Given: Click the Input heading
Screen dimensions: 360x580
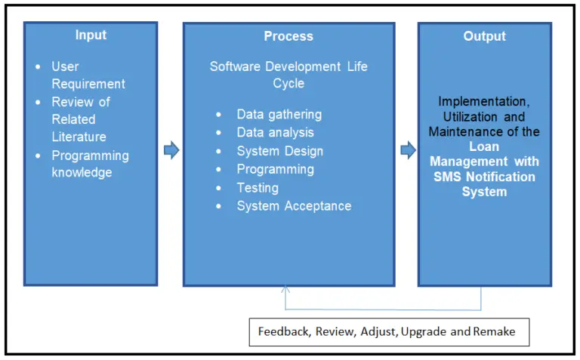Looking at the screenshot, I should click(91, 35).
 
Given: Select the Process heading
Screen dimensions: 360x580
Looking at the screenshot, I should click(288, 36).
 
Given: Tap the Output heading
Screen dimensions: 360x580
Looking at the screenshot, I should click(484, 36).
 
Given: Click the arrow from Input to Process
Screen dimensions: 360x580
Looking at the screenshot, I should click(171, 151).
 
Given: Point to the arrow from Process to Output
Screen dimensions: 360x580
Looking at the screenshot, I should click(408, 151).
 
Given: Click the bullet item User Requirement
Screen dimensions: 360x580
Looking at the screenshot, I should click(88, 75).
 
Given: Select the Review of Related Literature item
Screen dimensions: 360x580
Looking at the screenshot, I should click(82, 119).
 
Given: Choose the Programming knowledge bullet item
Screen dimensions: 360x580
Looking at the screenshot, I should click(90, 164).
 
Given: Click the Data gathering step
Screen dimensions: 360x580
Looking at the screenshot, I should click(279, 115).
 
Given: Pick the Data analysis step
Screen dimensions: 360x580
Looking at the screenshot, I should click(275, 133).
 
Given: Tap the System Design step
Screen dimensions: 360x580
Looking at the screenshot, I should click(279, 151).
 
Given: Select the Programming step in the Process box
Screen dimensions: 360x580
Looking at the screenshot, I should click(275, 169).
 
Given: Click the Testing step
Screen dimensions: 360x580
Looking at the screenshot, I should click(258, 188).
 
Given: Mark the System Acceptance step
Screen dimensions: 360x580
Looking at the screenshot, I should click(294, 206).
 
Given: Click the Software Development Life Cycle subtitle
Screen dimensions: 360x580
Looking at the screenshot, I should click(288, 75).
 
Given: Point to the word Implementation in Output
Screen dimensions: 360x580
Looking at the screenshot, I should click(484, 101).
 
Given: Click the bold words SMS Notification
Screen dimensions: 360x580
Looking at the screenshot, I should click(484, 177).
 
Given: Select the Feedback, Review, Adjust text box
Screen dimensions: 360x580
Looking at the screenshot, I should click(389, 332).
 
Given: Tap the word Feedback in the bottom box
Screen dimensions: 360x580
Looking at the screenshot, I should click(284, 332).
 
